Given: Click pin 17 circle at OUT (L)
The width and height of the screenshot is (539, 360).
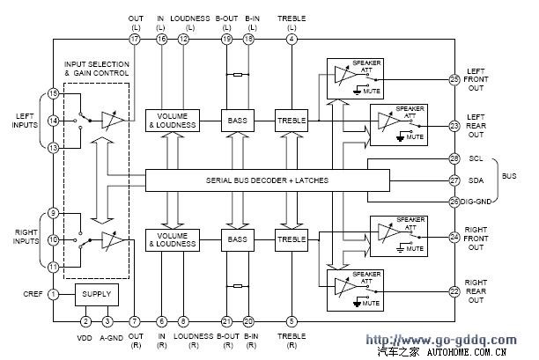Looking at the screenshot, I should point(135,40).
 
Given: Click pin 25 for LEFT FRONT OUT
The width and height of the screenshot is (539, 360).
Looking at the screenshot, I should point(454,80).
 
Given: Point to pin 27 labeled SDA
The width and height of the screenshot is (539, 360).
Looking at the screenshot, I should point(454,180).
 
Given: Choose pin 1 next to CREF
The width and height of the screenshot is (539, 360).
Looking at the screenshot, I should point(53,294).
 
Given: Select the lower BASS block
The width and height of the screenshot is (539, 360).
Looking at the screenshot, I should point(238,239).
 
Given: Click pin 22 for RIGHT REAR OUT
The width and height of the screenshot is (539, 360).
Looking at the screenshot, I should point(454,291).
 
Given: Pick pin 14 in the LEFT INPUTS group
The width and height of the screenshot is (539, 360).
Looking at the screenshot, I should point(53,121).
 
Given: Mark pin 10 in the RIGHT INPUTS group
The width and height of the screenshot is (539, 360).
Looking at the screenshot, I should point(53,239).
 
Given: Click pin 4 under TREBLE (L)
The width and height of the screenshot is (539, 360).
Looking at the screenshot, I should point(292,40).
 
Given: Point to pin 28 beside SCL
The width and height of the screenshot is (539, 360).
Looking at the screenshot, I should point(454,158).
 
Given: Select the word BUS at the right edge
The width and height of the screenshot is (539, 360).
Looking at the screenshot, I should point(509,176).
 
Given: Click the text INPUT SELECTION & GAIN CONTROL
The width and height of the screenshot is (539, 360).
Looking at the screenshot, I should point(97,70).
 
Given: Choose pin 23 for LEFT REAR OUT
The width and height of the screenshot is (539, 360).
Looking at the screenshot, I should point(454,126).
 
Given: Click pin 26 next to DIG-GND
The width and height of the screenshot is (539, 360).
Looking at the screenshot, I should point(454,201).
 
